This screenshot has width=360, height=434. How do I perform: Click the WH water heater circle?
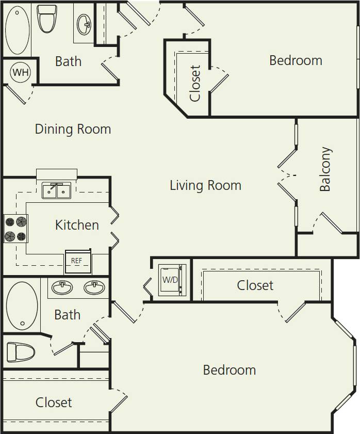(21, 72)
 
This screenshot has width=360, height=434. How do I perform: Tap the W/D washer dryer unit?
(171, 280)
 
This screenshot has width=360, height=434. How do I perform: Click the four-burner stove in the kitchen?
(15, 229)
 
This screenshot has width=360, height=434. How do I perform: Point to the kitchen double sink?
(56, 191)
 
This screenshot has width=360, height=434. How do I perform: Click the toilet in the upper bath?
(47, 19)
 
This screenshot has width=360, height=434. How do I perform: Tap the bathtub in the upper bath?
(17, 30)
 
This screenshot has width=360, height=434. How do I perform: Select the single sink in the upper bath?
(84, 23)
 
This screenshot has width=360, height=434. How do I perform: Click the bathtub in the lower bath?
(22, 306)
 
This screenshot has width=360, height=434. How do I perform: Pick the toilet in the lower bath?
(20, 352)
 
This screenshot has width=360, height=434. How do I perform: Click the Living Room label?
(205, 185)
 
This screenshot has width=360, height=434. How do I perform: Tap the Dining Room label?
(73, 129)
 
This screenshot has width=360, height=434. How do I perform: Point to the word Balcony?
(325, 169)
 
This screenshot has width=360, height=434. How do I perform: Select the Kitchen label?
(77, 225)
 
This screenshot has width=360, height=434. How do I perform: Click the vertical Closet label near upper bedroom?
(195, 83)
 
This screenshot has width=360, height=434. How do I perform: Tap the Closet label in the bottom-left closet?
(54, 403)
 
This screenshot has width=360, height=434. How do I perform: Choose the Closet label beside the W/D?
(255, 285)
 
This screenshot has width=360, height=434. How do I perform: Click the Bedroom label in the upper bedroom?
(296, 60)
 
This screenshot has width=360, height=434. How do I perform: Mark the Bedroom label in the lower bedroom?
(229, 370)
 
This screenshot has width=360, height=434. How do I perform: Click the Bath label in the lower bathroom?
(68, 314)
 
